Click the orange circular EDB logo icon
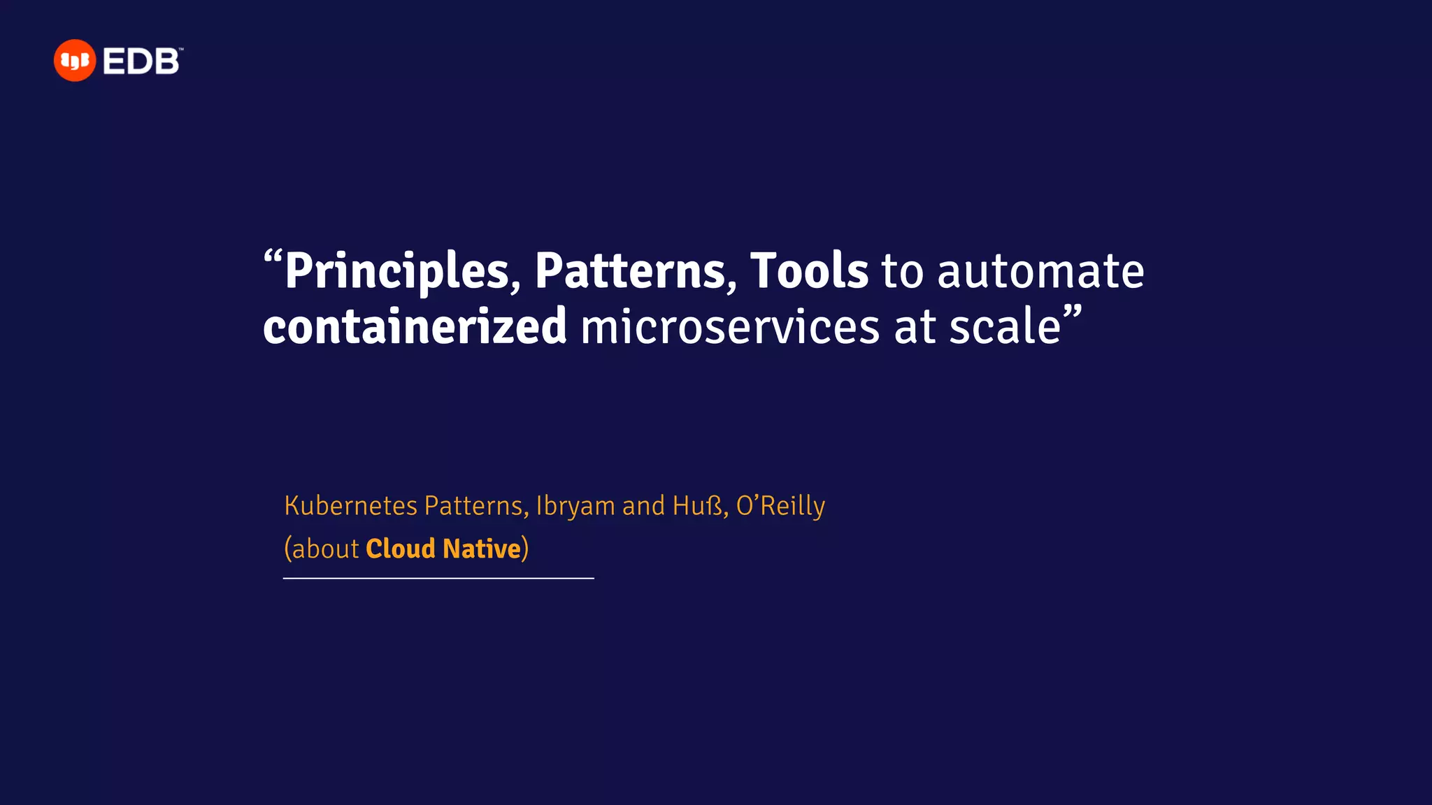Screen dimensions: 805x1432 click(x=74, y=61)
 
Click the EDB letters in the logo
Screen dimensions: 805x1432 click(x=142, y=61)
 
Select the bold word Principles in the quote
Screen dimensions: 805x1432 click(x=396, y=271)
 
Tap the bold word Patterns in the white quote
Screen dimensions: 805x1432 click(x=631, y=271)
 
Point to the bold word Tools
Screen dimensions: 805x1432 click(x=809, y=271)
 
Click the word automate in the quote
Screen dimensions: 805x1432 click(x=1040, y=271)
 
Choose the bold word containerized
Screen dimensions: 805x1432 click(x=415, y=327)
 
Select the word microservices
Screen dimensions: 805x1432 click(x=730, y=327)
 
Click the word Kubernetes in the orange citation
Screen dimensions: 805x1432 click(x=350, y=505)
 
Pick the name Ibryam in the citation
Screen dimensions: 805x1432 click(x=575, y=506)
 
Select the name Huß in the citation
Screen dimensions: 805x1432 click(x=697, y=505)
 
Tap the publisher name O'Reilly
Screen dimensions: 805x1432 click(x=780, y=505)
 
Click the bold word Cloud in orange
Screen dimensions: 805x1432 click(x=400, y=549)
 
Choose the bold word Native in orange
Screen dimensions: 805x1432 click(x=482, y=549)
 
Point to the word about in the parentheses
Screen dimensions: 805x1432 click(x=325, y=549)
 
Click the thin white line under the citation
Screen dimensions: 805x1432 click(x=438, y=579)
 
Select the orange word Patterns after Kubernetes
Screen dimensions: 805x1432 click(x=473, y=505)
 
